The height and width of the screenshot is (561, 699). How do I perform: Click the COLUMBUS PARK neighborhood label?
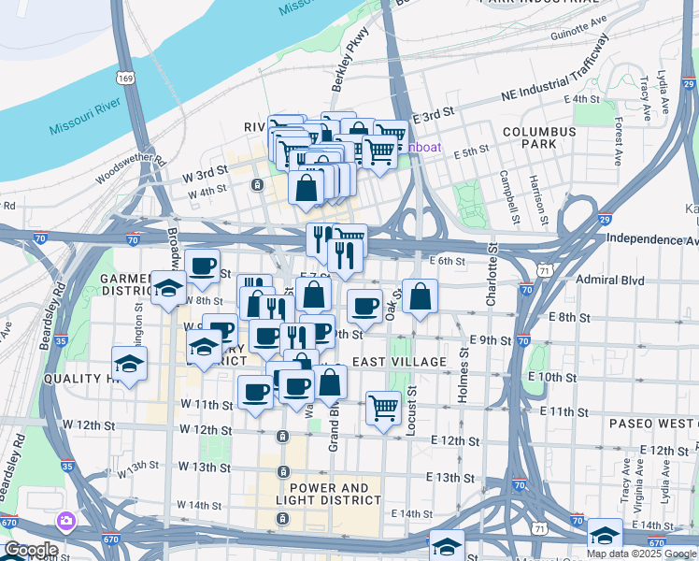click(x=539, y=137)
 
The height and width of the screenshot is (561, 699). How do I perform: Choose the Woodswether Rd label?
click(x=130, y=170)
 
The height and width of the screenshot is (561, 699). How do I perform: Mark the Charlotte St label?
click(x=492, y=277)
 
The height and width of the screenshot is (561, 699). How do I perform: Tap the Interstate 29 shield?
click(x=605, y=219)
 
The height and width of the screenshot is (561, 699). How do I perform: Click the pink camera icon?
click(x=66, y=520)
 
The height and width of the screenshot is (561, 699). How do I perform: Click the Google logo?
click(x=31, y=550)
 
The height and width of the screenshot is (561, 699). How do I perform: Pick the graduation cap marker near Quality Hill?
click(x=130, y=363)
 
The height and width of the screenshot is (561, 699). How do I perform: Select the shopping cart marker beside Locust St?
click(x=383, y=407)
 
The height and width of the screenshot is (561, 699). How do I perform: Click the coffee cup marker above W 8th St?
click(x=202, y=266)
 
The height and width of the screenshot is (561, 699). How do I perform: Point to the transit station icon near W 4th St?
click(x=257, y=185)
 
